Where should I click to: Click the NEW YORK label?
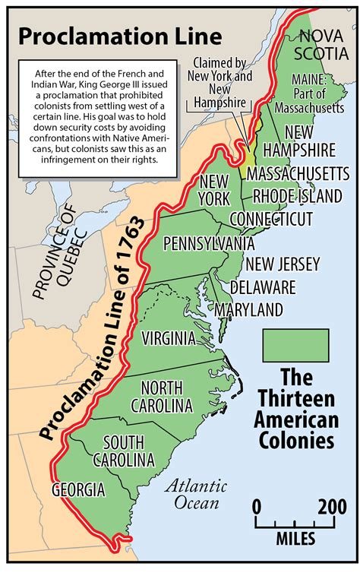(215, 190)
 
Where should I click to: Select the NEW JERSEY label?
(282, 264)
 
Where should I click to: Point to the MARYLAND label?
(249, 309)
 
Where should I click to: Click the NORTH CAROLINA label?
(161, 397)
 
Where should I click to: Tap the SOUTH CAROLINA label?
(123, 451)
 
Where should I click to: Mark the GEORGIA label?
(78, 490)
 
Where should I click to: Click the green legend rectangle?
(295, 345)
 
